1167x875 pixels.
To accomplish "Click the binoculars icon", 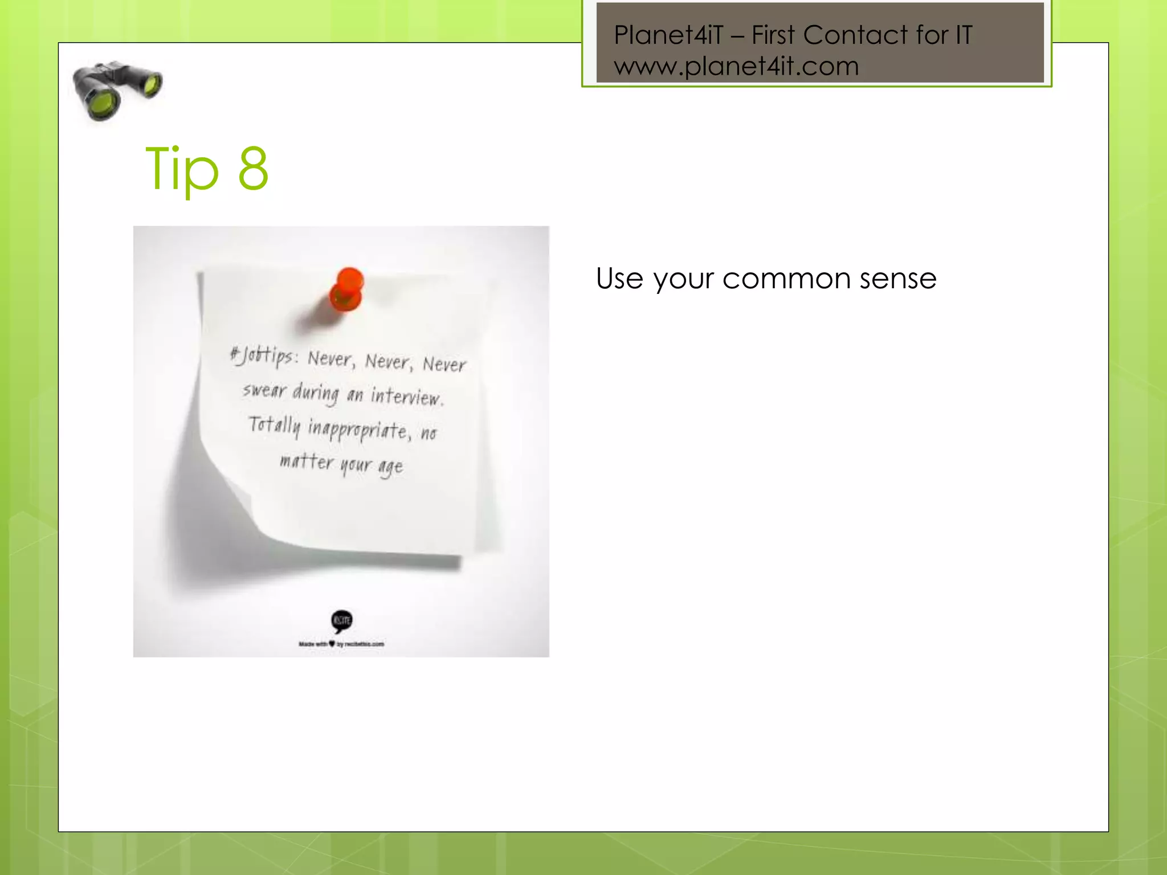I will coord(117,91).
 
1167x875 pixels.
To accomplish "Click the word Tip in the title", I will coord(182,169).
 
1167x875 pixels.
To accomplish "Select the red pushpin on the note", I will coord(347,290).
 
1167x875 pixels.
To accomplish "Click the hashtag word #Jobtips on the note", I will coord(263,356).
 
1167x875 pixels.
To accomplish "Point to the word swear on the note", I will coord(264,391).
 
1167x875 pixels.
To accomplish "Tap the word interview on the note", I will coord(406,396).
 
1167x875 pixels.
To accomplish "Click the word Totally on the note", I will coord(274,426).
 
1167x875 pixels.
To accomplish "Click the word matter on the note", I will coord(307,461).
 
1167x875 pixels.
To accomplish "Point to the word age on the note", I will coord(391,467).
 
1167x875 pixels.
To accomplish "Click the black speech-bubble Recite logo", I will coord(342,620).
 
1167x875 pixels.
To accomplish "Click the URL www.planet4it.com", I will coord(736,67).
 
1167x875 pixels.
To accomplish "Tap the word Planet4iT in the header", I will coord(668,35).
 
